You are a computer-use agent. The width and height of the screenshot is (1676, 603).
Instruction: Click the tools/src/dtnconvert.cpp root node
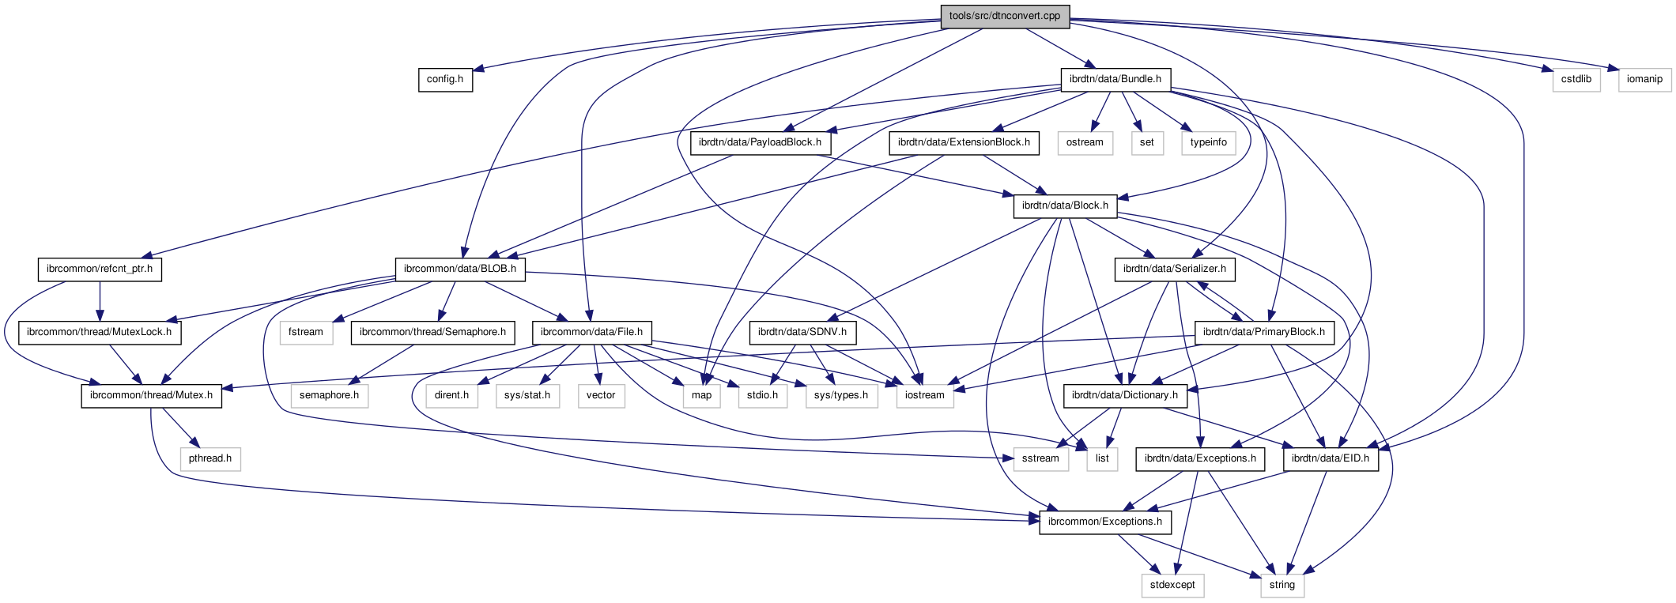point(1005,16)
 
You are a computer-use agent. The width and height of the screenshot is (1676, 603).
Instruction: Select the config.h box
point(445,79)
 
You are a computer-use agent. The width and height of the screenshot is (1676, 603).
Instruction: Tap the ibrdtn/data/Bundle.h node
point(1115,79)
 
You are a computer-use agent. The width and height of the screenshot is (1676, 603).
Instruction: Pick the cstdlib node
point(1576,79)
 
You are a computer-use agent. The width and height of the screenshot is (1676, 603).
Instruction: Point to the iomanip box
point(1644,79)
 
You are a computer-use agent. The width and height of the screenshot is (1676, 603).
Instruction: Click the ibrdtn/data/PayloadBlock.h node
point(760,142)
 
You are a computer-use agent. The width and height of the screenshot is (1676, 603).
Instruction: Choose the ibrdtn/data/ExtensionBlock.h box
point(964,142)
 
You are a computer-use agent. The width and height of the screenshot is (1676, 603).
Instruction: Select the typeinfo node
point(1208,142)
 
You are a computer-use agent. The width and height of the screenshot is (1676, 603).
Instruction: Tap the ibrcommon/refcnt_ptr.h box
point(100,269)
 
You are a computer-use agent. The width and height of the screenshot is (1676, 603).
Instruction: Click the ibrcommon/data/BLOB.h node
point(459,269)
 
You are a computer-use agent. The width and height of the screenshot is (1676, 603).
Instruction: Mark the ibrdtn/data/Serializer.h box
point(1174,269)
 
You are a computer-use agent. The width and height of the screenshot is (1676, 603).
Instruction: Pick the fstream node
point(306,332)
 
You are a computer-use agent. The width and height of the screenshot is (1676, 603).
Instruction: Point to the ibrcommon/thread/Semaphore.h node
point(432,332)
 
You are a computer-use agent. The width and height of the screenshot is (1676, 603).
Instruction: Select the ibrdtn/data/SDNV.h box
point(802,332)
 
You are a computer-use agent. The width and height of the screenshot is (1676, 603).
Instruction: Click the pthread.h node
point(210,458)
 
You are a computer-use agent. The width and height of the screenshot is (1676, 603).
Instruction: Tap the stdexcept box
point(1172,585)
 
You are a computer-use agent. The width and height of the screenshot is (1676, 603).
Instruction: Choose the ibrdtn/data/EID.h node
point(1330,458)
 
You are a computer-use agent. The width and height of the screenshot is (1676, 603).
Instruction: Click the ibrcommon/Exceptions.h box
point(1104,522)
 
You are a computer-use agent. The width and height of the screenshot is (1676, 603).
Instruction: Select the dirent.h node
point(451,395)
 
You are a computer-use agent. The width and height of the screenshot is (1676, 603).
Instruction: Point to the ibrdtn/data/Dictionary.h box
point(1124,395)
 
